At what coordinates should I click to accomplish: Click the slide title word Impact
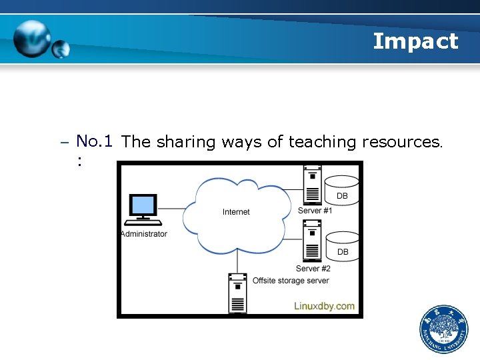(415, 41)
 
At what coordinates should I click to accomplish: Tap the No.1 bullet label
(93, 141)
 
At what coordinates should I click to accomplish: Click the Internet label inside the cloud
(236, 212)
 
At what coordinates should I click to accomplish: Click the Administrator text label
(144, 234)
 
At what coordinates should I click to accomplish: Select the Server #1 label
(315, 211)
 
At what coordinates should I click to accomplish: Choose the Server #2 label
(313, 269)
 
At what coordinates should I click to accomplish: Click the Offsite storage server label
(290, 281)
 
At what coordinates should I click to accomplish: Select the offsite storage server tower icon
(237, 293)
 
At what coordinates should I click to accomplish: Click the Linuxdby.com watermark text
(325, 306)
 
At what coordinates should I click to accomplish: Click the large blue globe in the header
(31, 39)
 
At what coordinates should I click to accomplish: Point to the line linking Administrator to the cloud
(177, 209)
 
